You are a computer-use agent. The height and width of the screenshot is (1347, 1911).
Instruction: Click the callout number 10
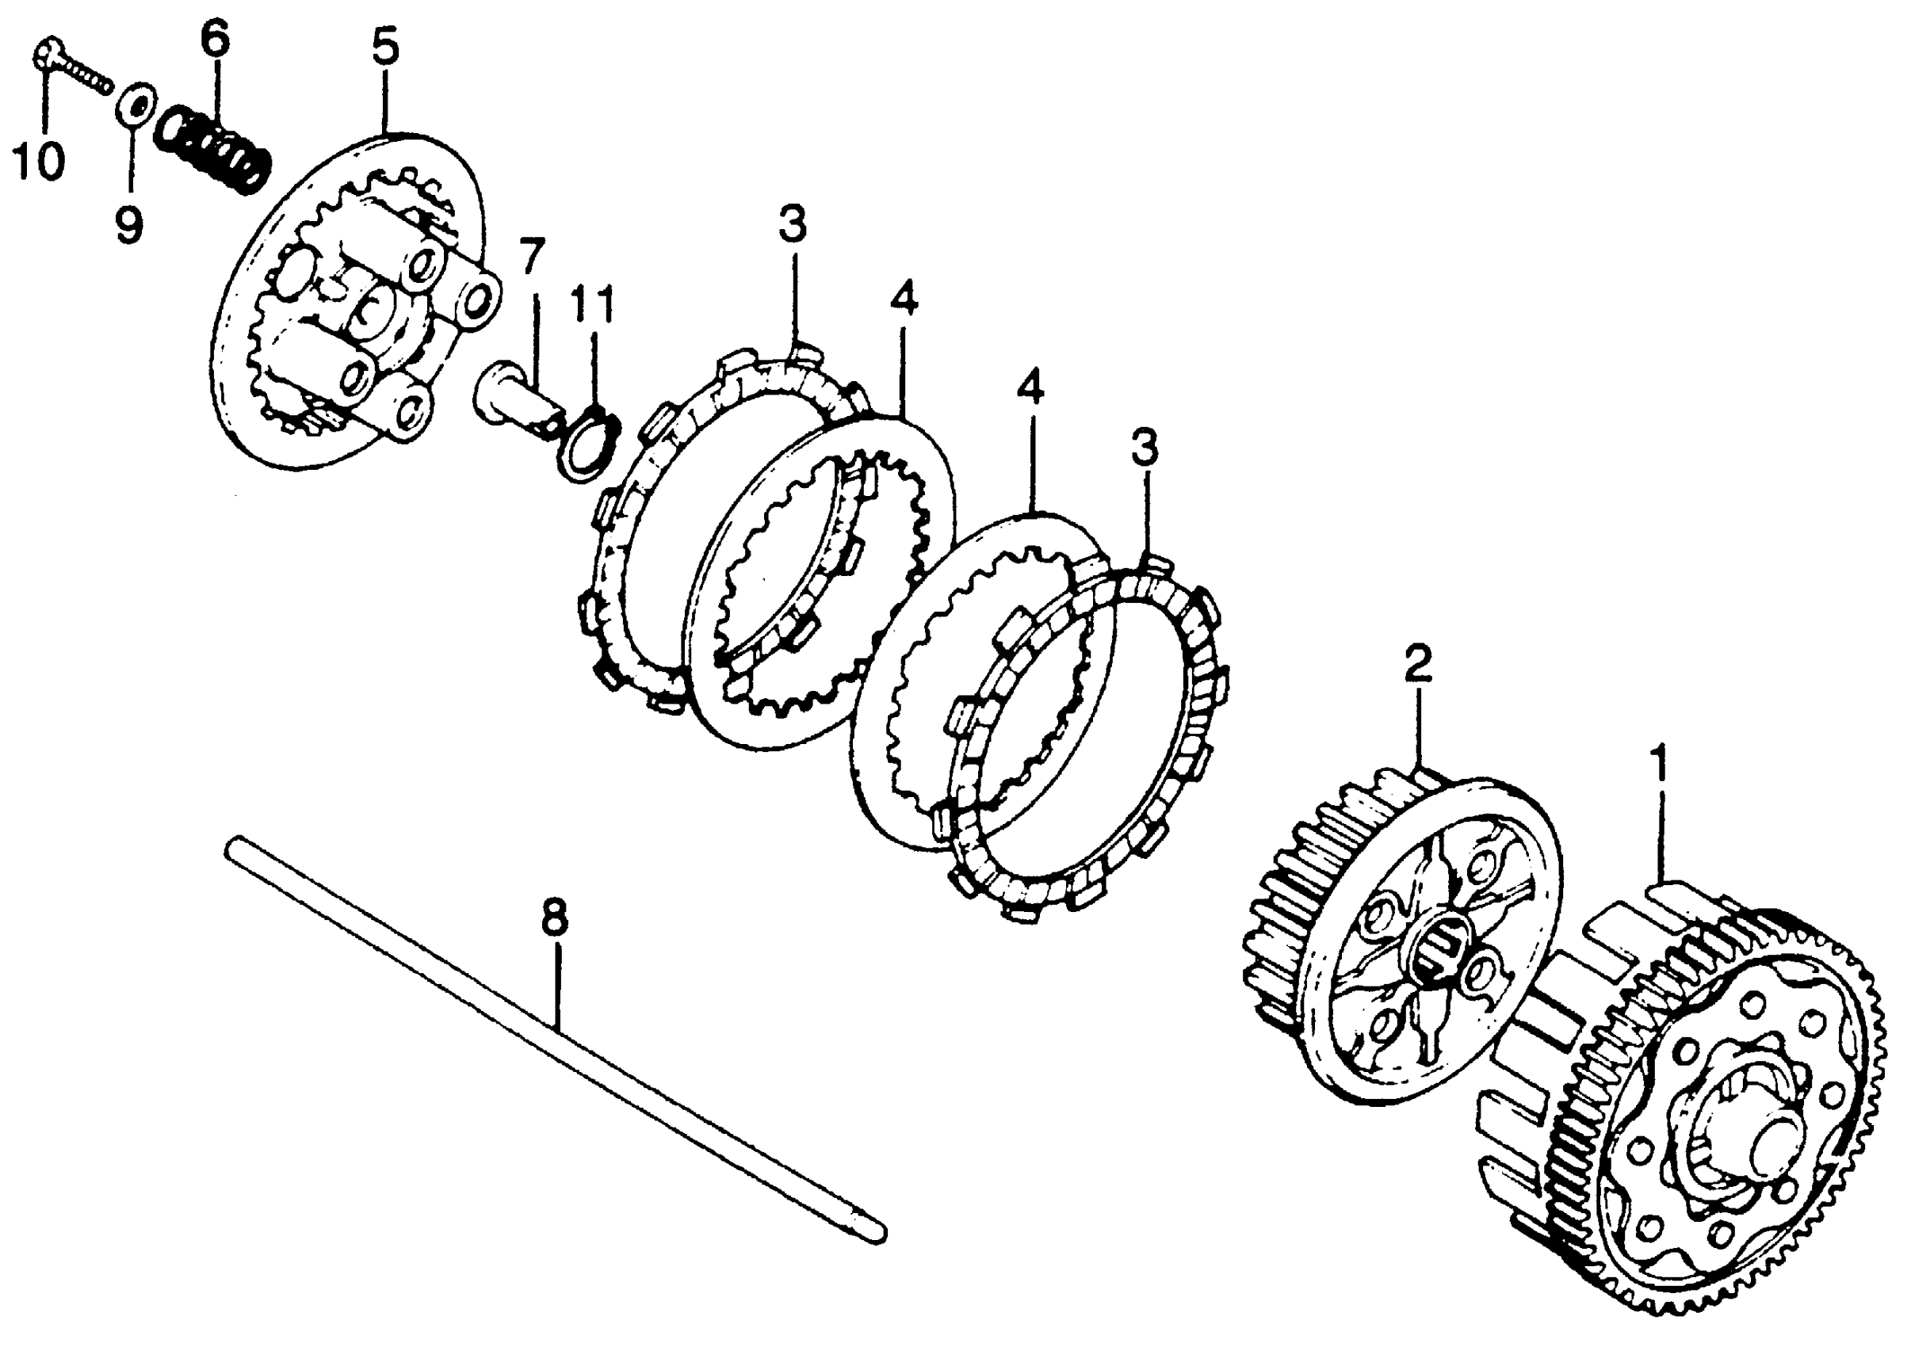click(x=38, y=161)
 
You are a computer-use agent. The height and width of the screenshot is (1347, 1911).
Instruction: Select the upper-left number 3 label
click(x=793, y=225)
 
